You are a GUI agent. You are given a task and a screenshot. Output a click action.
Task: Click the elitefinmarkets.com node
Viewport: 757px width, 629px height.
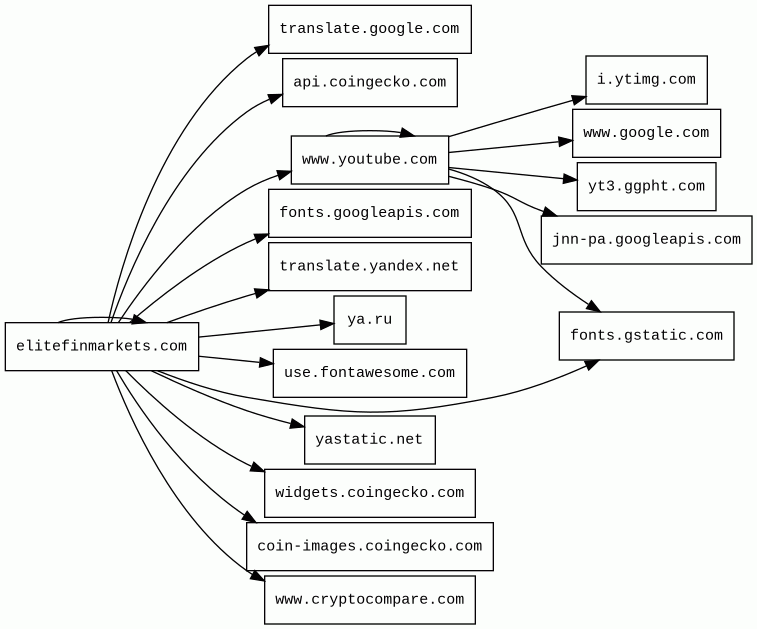(x=101, y=346)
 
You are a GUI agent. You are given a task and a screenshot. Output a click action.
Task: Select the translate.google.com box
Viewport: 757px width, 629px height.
(x=369, y=29)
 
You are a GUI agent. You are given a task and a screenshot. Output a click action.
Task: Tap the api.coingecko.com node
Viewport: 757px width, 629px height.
(x=369, y=82)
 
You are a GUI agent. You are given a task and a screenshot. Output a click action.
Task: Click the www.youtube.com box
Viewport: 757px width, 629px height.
(x=369, y=160)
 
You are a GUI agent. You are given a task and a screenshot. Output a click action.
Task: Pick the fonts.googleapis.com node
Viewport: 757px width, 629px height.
(x=369, y=213)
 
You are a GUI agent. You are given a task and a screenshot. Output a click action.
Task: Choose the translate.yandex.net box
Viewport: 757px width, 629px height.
(x=369, y=266)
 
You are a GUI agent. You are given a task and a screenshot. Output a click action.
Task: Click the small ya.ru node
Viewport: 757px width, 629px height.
(x=369, y=320)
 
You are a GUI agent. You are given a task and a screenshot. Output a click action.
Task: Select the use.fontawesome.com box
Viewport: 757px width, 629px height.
(x=369, y=373)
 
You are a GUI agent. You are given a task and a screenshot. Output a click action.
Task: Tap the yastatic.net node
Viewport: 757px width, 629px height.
(x=369, y=440)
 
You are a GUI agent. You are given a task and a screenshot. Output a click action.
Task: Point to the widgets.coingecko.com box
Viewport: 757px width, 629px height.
(x=369, y=493)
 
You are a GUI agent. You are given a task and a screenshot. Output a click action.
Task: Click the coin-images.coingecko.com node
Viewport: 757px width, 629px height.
(x=369, y=547)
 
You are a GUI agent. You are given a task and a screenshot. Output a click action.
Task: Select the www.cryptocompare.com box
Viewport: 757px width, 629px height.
(x=369, y=600)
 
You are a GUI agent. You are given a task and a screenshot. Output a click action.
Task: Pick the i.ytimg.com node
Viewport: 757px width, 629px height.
(x=646, y=80)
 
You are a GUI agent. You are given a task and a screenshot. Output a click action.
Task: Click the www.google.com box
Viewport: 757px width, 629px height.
(x=646, y=133)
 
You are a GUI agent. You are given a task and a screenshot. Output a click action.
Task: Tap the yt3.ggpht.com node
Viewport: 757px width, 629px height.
(x=646, y=187)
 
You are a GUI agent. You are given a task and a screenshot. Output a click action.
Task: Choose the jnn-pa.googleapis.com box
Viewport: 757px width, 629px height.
(x=646, y=240)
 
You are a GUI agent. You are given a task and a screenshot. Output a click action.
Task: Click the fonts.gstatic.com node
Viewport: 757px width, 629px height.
(x=646, y=336)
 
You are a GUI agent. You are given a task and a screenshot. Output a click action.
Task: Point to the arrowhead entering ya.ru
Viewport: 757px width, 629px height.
(x=327, y=324)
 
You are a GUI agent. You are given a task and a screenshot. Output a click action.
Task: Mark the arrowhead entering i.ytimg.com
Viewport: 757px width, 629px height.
(x=579, y=99)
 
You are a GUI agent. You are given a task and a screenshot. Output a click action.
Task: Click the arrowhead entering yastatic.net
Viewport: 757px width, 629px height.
(x=297, y=425)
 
